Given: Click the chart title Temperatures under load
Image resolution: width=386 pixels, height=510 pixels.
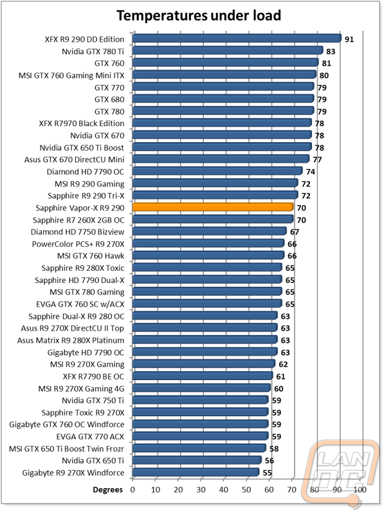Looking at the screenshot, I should coord(192,15).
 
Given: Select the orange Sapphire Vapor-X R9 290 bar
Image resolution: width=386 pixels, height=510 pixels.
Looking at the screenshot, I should coord(213,208).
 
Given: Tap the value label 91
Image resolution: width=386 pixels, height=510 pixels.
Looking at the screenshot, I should coord(349,39).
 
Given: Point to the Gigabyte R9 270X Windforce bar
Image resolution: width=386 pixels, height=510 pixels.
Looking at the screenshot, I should coord(196,473).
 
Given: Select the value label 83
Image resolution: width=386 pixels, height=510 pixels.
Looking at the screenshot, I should coord(331,51).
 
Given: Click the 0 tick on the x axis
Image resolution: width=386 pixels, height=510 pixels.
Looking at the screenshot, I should coord(133,489).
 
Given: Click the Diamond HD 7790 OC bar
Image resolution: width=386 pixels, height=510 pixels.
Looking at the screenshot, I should coord(217,172).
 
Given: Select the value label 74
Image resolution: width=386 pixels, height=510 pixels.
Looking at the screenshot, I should coord(311,172).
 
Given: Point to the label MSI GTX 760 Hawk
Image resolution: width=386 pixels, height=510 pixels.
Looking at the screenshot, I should coord(89,256).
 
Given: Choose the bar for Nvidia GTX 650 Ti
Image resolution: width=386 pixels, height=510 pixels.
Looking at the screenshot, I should coord(197,460).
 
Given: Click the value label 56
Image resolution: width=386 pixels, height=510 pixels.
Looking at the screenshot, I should coord(270,460).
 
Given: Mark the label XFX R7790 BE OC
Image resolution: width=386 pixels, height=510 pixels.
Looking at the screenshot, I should coord(94,376).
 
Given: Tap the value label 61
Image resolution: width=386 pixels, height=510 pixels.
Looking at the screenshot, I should coord(281,376).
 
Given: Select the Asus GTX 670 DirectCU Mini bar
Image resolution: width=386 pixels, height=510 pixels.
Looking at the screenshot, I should coord(221,159).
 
